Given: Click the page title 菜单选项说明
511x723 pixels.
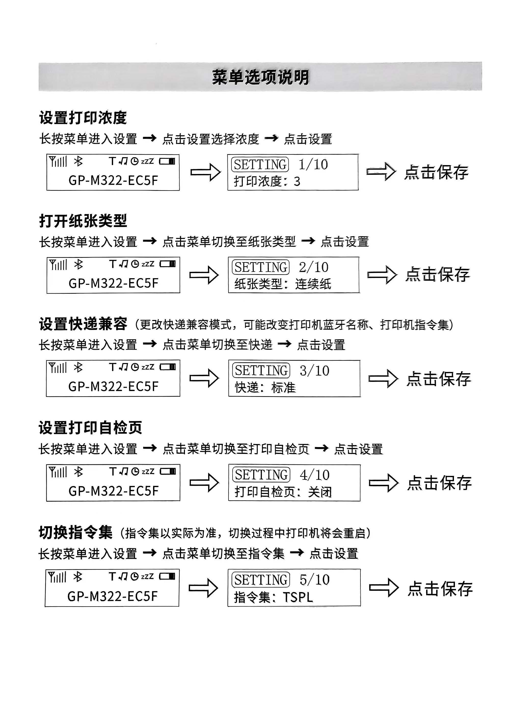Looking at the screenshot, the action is pyautogui.click(x=260, y=77).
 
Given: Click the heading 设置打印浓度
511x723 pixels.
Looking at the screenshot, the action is pyautogui.click(x=83, y=118).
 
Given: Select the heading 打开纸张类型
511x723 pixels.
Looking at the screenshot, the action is pyautogui.click(x=83, y=221).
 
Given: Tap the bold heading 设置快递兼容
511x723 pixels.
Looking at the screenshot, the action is pyautogui.click(x=83, y=324).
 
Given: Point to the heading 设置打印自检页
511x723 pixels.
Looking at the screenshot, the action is pyautogui.click(x=90, y=428).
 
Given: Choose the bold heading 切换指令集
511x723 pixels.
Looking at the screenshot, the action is pyautogui.click(x=76, y=532).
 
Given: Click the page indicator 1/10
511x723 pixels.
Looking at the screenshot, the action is pyautogui.click(x=313, y=164).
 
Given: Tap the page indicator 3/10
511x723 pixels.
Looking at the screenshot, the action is pyautogui.click(x=315, y=371).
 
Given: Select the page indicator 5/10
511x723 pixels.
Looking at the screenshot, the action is pyautogui.click(x=315, y=580).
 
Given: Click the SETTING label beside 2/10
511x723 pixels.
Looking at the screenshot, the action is pyautogui.click(x=261, y=267).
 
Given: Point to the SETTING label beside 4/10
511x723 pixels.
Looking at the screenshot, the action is pyautogui.click(x=261, y=475).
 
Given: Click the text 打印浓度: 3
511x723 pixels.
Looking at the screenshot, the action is pyautogui.click(x=267, y=181).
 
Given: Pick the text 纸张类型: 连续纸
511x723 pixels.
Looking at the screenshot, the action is pyautogui.click(x=283, y=284).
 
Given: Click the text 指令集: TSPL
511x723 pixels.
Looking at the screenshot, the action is pyautogui.click(x=273, y=597).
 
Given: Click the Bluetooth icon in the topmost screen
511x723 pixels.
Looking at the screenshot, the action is pyautogui.click(x=78, y=162).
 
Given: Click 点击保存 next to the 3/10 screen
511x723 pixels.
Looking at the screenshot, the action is pyautogui.click(x=439, y=379).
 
